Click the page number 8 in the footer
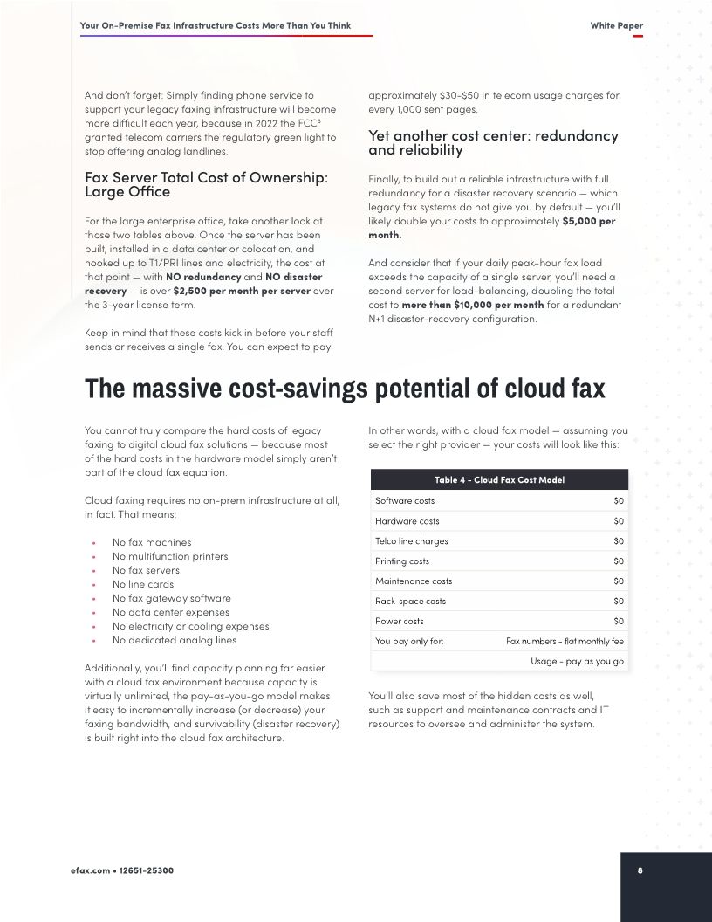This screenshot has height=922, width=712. [x=640, y=870]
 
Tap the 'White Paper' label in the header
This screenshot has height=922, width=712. [x=616, y=25]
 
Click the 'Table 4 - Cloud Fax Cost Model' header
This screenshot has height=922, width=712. [x=499, y=480]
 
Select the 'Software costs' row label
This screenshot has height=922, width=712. [x=405, y=501]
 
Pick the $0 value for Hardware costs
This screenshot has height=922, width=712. [x=619, y=521]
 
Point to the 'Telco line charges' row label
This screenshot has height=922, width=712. [x=412, y=541]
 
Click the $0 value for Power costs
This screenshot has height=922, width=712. [x=619, y=622]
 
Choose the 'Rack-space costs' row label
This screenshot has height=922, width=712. [x=410, y=602]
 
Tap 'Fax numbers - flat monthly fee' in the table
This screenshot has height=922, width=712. [x=565, y=642]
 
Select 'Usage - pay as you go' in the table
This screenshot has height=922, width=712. [x=577, y=662]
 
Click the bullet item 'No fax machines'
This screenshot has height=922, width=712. [x=152, y=542]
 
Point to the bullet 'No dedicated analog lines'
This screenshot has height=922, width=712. [x=175, y=640]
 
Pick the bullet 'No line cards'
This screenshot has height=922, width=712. [x=143, y=584]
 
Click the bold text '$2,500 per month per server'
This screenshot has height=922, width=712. [x=242, y=291]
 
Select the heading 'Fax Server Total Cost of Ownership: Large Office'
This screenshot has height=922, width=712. [x=206, y=184]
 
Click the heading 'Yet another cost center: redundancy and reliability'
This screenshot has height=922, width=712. [x=493, y=142]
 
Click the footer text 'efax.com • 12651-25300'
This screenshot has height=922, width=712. [x=127, y=870]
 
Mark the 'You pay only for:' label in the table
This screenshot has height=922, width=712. [x=409, y=642]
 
